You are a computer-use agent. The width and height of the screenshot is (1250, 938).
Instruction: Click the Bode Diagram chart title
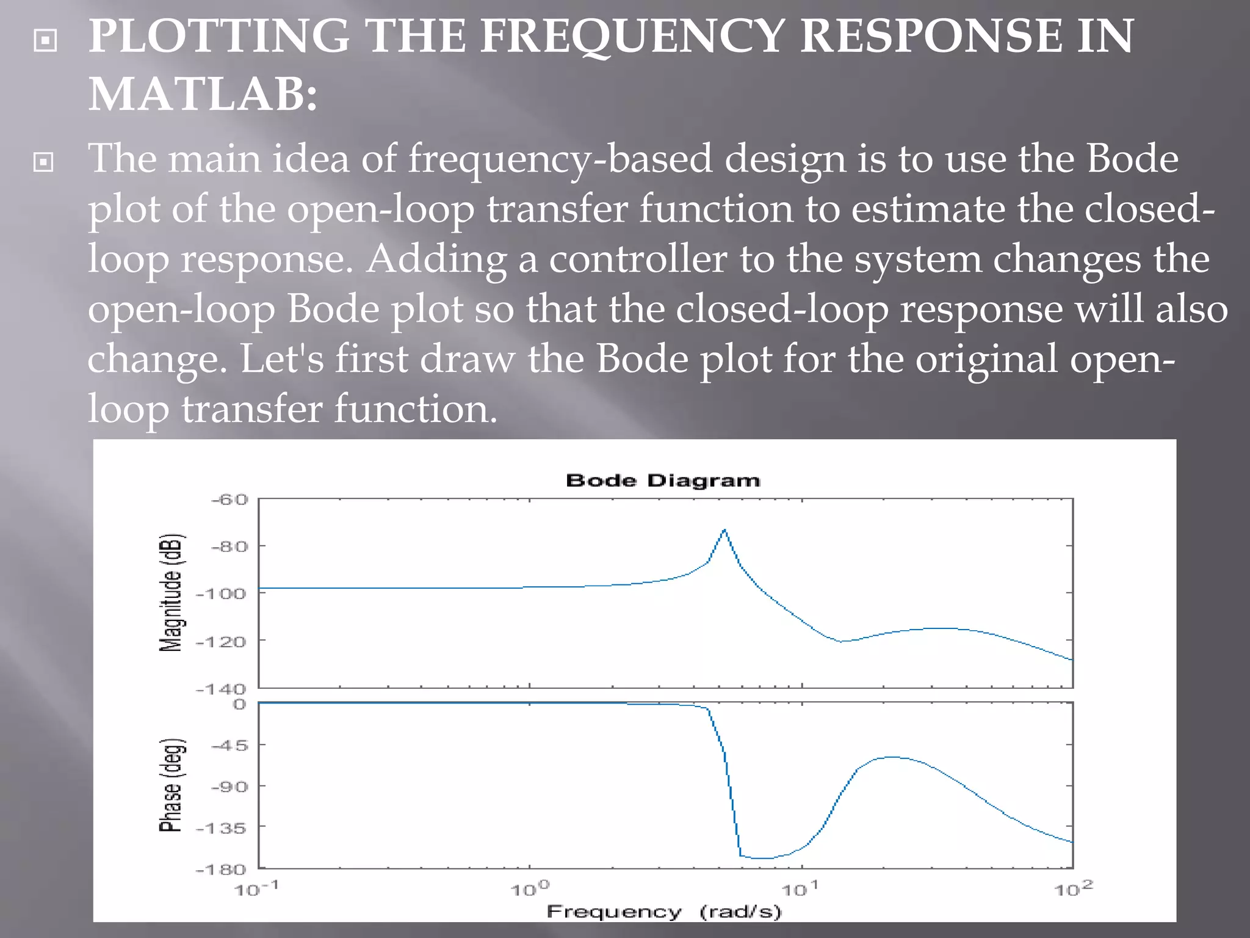(663, 481)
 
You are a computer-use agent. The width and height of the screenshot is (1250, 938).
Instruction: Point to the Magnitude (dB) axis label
(172, 593)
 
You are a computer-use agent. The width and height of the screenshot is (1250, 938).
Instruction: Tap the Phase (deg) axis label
(172, 785)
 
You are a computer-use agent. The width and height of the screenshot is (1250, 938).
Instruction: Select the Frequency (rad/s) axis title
(663, 912)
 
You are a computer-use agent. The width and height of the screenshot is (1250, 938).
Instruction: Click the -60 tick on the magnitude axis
(229, 500)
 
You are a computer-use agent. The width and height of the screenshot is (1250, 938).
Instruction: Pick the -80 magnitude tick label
(229, 547)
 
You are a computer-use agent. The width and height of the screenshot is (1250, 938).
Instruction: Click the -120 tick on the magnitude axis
(221, 642)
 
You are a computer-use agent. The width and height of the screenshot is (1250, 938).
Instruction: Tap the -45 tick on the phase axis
(229, 746)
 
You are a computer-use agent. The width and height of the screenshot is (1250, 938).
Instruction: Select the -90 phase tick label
(229, 787)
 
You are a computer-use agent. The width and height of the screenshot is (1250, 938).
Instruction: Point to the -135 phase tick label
(221, 829)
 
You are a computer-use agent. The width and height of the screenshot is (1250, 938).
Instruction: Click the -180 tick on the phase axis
(221, 870)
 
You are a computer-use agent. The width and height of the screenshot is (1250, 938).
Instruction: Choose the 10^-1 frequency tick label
(256, 889)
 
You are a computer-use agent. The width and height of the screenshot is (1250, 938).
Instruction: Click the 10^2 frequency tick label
(1073, 889)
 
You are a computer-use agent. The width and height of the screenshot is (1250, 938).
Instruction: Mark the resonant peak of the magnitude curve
(724, 529)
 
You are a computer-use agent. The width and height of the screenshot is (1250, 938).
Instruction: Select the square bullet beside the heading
(46, 41)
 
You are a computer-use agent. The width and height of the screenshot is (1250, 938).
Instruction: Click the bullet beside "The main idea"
(43, 162)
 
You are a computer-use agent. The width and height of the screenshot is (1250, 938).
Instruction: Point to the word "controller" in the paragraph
(638, 259)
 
